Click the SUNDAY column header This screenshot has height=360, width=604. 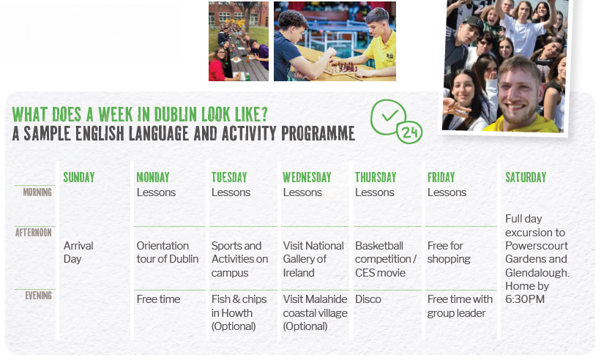(79, 177)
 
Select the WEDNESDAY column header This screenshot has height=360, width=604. (307, 177)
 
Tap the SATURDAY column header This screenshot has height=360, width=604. (526, 177)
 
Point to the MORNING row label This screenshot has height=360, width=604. (37, 192)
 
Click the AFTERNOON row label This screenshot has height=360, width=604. (34, 233)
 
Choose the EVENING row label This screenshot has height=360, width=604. (39, 296)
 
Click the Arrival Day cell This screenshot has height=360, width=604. (78, 252)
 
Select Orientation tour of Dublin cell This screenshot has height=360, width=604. (168, 252)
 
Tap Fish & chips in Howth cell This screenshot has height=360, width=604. (239, 312)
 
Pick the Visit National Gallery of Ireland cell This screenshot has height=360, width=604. (313, 259)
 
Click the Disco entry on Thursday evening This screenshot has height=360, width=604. (368, 299)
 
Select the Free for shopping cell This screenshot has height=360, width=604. (449, 252)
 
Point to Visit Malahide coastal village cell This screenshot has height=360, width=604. (315, 312)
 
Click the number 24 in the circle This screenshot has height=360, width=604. (409, 133)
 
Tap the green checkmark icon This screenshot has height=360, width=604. (389, 115)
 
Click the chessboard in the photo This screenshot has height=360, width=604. (340, 70)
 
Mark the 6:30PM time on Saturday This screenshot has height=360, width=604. (525, 299)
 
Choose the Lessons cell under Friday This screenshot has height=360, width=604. (447, 192)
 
